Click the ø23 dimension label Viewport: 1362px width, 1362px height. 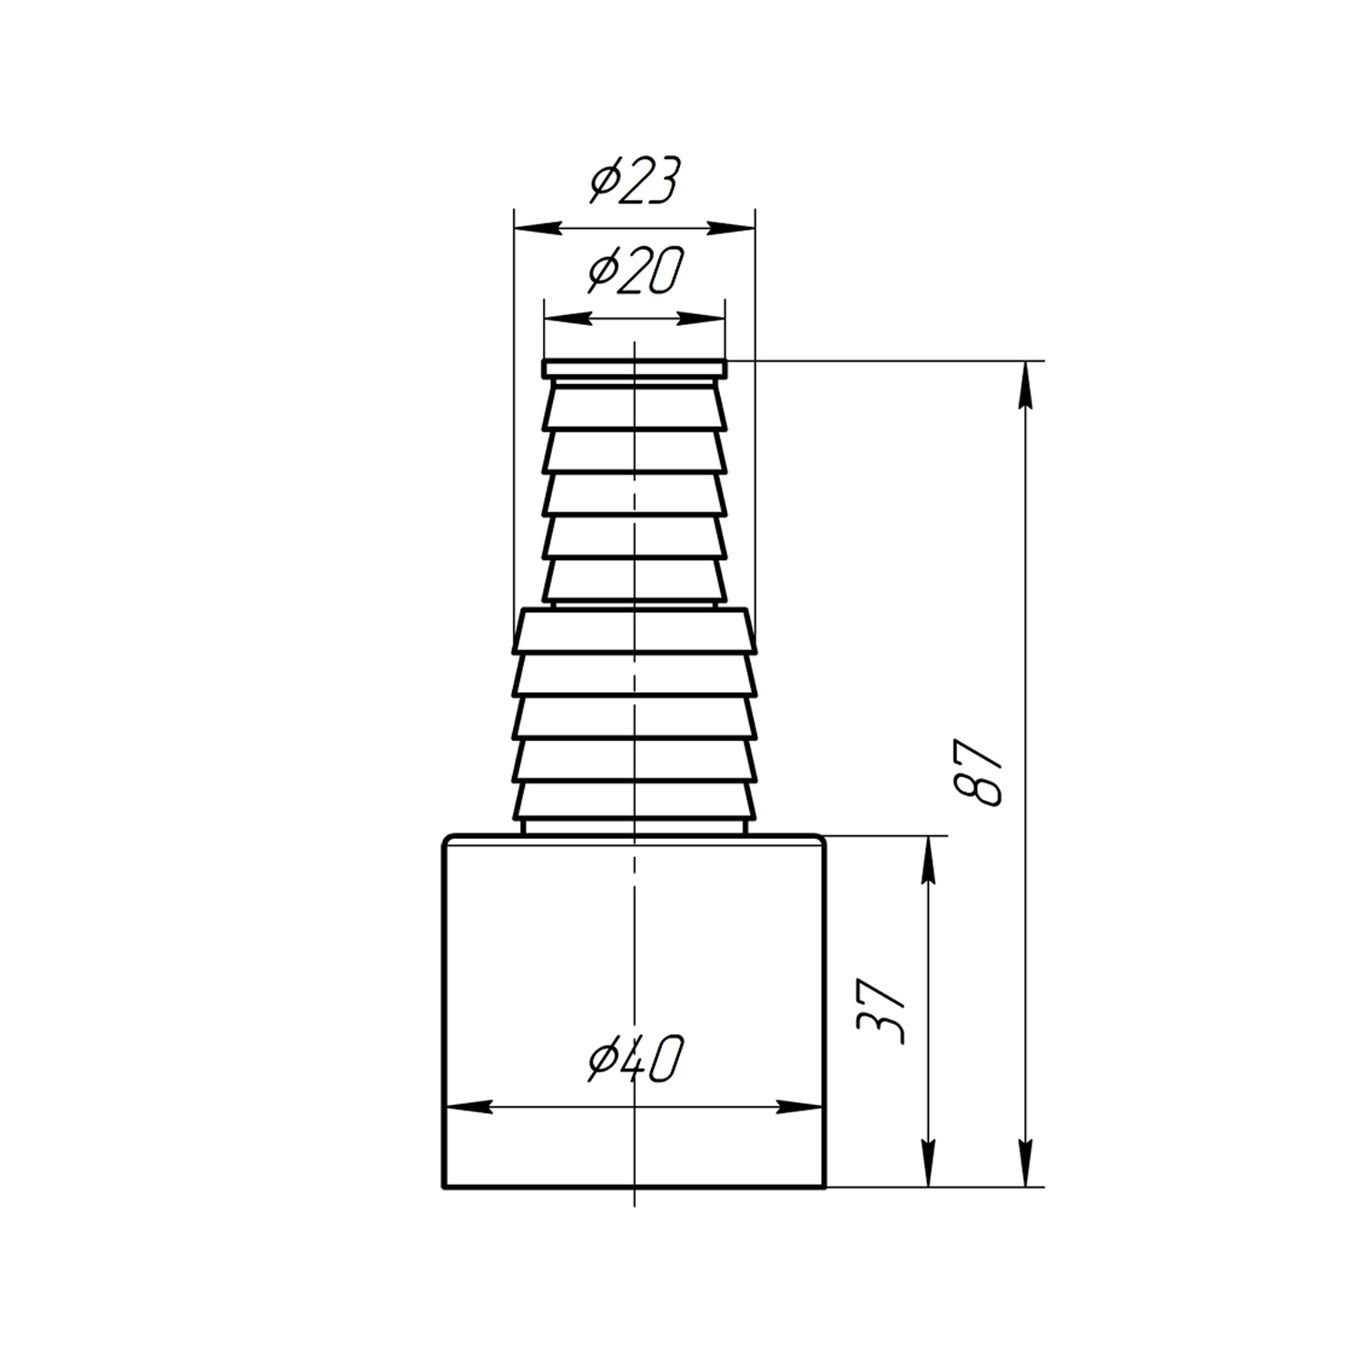tap(635, 181)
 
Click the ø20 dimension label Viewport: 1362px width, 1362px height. tap(635, 270)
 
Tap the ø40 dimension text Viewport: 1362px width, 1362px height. tap(635, 1060)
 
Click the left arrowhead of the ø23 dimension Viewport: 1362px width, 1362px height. tap(536, 227)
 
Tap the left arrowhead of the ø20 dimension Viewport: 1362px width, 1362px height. tap(565, 318)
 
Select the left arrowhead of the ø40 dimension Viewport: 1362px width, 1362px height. tap(467, 1108)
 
